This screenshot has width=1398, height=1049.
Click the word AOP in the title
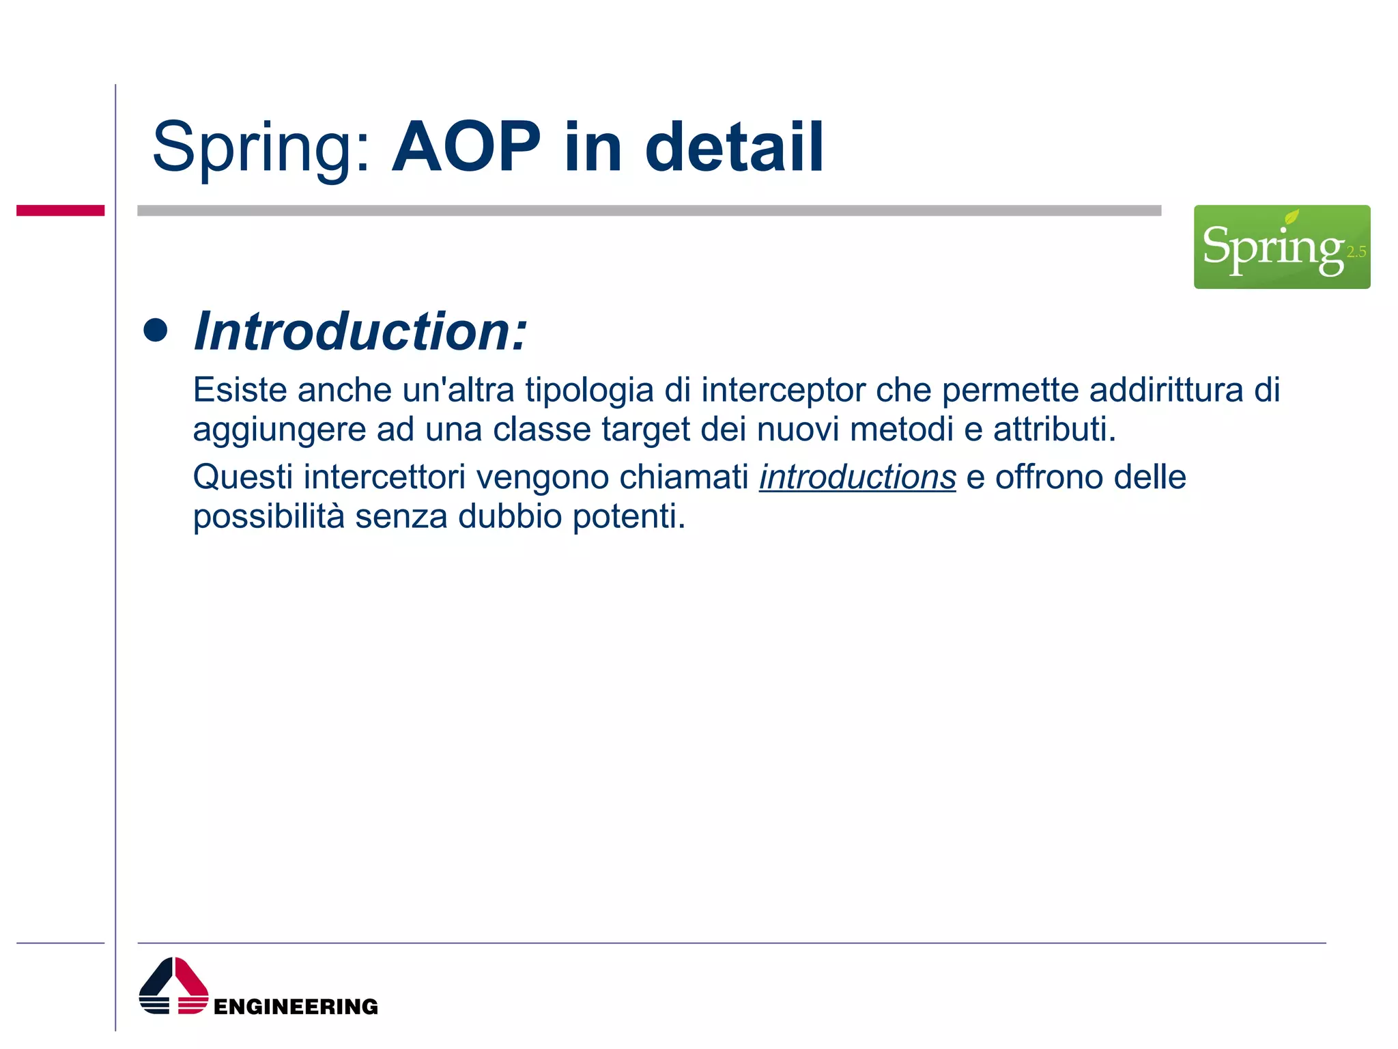point(466,148)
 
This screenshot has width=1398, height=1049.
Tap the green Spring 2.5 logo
point(1281,247)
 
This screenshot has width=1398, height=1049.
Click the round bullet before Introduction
point(156,331)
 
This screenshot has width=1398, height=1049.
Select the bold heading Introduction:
point(360,331)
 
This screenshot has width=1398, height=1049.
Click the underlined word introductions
point(857,477)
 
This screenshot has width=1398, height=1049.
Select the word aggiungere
point(279,430)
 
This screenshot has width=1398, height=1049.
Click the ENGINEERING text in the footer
point(296,1007)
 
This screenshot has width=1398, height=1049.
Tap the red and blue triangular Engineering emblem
point(173,986)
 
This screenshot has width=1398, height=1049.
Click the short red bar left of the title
point(60,210)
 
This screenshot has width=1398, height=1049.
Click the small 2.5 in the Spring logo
point(1356,252)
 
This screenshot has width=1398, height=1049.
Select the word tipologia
point(589,391)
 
